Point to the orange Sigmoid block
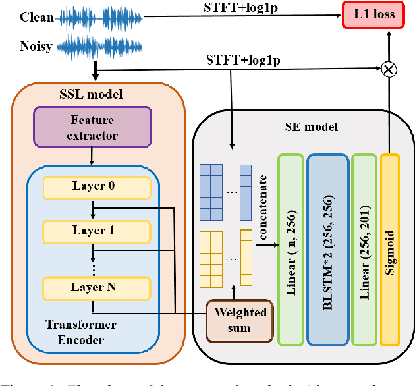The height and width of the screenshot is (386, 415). tap(389, 250)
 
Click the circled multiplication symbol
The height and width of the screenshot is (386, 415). tap(389, 68)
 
